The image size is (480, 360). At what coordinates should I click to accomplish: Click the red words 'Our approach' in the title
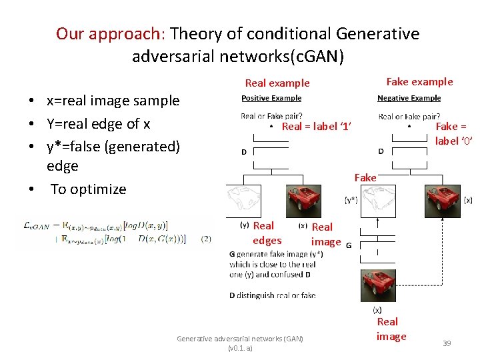(110, 33)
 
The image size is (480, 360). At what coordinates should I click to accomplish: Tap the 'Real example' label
(277, 83)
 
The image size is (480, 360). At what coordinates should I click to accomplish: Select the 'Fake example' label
(419, 82)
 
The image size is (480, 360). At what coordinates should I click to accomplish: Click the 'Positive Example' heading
(271, 98)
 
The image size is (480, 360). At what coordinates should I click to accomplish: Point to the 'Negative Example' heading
(409, 98)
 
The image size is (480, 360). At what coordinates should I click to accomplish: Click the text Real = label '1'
(317, 127)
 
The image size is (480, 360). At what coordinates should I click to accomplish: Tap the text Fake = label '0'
(451, 133)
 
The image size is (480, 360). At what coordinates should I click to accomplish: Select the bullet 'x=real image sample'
(113, 101)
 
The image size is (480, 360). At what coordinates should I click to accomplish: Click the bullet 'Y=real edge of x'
(98, 123)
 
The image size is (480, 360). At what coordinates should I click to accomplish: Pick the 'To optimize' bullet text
(89, 189)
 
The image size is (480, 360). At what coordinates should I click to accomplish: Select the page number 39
(447, 343)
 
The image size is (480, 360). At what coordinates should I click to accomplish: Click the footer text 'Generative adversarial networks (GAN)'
(239, 339)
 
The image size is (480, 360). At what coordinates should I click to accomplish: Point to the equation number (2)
(206, 239)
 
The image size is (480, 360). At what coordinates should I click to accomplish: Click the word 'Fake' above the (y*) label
(365, 177)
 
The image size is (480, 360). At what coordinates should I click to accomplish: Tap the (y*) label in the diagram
(351, 199)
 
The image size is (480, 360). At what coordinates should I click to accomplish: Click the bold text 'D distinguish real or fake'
(272, 295)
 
